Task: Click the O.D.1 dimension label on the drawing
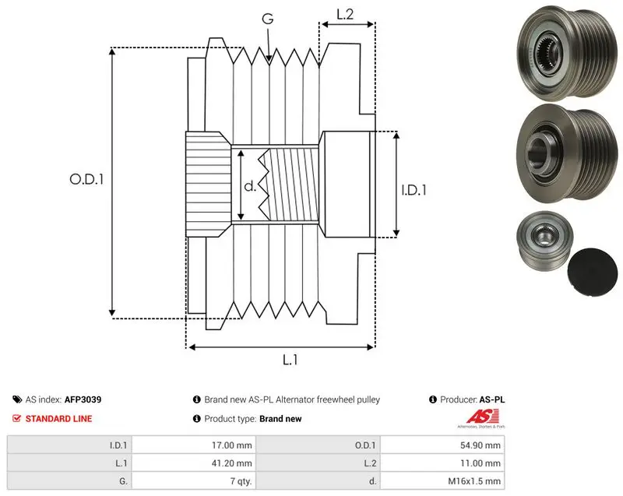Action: point(86,180)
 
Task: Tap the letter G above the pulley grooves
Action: point(268,19)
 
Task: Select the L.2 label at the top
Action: point(345,14)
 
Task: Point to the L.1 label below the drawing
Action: point(290,360)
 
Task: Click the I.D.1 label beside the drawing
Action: point(414,190)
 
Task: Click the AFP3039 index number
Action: point(83,399)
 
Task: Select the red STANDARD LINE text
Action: point(59,419)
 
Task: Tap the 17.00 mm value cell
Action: point(194,445)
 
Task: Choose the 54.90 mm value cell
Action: point(442,445)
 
